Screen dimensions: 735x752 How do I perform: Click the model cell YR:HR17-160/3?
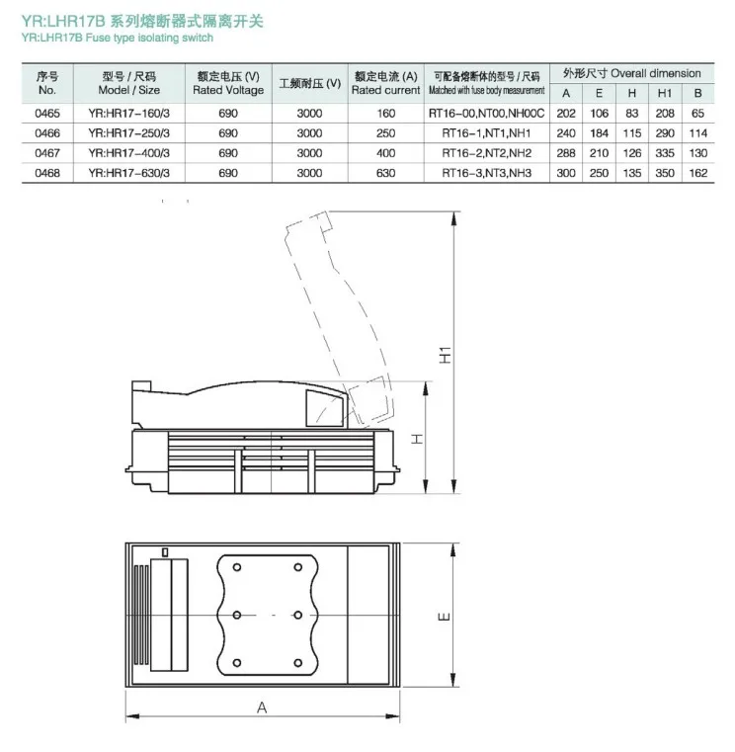129,114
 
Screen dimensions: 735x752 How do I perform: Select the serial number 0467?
47,153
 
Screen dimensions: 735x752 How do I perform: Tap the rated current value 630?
386,173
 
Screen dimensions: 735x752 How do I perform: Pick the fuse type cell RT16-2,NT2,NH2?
487,153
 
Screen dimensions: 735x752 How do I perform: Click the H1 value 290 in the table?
665,133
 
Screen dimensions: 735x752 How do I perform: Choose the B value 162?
698,173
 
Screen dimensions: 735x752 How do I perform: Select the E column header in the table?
599,94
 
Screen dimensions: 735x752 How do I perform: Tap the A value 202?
566,114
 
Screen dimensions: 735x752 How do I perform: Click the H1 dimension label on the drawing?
446,355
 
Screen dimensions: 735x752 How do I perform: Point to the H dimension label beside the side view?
418,439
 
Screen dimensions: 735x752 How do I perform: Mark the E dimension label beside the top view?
445,617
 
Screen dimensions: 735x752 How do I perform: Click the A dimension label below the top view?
262,708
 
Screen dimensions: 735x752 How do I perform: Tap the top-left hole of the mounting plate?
237,567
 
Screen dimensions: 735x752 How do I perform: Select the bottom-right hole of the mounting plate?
297,663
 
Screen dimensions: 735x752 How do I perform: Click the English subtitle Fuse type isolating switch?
149,38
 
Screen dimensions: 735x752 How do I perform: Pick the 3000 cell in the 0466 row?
310,133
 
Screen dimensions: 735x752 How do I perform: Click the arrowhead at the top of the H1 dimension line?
453,218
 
